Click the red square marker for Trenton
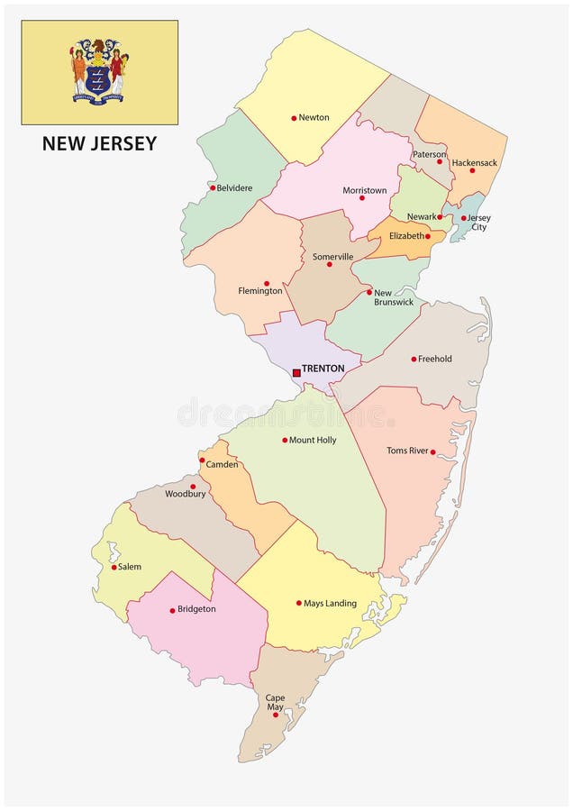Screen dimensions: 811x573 click(296, 372)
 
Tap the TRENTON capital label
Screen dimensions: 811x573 click(323, 369)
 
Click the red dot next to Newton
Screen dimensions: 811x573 click(294, 118)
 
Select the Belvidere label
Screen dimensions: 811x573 click(234, 188)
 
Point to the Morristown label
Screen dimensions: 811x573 click(365, 191)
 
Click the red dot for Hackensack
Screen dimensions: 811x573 click(471, 170)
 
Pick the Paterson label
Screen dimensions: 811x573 click(430, 154)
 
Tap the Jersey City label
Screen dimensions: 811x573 click(479, 223)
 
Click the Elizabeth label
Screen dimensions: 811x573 click(406, 236)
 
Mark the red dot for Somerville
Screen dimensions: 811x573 click(329, 264)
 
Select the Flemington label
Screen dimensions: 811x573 click(260, 291)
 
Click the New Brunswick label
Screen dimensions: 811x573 click(394, 297)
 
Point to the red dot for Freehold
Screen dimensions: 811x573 click(414, 359)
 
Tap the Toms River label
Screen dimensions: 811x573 click(408, 451)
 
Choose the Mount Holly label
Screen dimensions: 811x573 click(313, 441)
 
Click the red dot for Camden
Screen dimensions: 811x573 click(202, 460)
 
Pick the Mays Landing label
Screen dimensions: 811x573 click(330, 604)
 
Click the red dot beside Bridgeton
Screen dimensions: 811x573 click(172, 610)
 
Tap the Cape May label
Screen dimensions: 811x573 click(274, 703)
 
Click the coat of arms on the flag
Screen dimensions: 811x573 click(100, 70)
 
